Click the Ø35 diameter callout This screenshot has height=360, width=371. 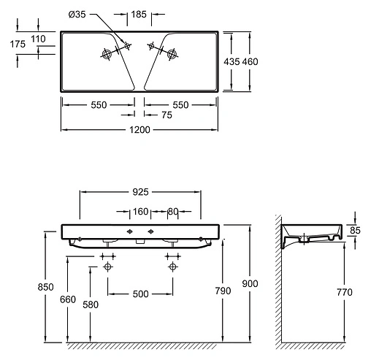77,15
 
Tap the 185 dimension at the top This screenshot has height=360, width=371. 139,15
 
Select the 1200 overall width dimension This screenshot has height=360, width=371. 139,130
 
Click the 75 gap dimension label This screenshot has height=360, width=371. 167,115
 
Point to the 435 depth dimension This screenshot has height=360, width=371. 232,61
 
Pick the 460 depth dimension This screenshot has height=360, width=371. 250,61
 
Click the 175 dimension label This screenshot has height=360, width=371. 18,44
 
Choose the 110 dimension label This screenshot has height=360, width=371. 38,39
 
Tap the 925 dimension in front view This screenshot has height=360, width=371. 140,192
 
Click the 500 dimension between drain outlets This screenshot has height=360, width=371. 140,294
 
